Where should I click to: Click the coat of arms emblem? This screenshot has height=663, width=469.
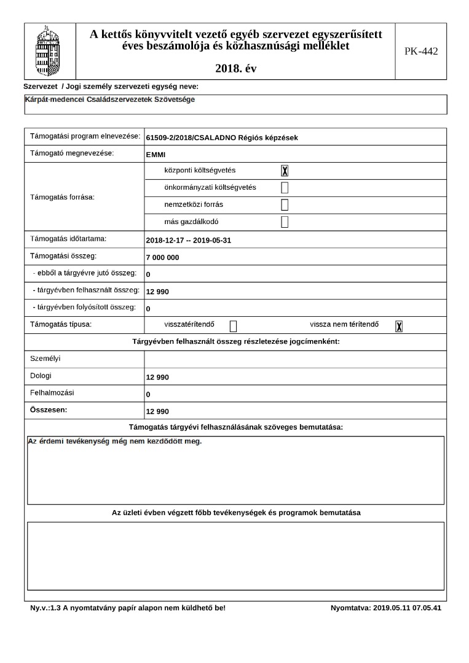click(x=50, y=50)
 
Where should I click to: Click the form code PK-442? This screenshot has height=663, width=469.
click(x=421, y=51)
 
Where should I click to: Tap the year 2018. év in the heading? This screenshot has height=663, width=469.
click(x=236, y=69)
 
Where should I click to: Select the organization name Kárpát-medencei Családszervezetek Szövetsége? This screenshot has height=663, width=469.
click(x=111, y=99)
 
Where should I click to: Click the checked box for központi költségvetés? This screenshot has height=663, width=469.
click(x=285, y=171)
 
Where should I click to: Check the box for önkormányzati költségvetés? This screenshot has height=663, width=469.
click(x=285, y=188)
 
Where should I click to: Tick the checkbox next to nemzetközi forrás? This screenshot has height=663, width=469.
click(x=285, y=205)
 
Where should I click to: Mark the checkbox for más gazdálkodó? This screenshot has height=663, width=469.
click(x=285, y=222)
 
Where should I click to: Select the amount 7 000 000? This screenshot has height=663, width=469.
click(x=163, y=257)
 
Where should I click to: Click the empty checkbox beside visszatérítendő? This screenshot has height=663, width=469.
click(x=233, y=326)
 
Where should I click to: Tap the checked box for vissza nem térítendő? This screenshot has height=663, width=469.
click(x=399, y=326)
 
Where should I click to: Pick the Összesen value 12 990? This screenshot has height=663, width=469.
click(x=157, y=411)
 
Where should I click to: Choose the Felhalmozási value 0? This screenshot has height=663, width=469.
click(x=148, y=394)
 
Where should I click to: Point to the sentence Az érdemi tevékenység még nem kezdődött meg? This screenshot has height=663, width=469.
click(x=116, y=441)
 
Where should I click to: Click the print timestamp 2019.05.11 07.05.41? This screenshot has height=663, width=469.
click(x=406, y=608)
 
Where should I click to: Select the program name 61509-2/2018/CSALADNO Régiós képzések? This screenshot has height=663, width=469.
click(x=222, y=138)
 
